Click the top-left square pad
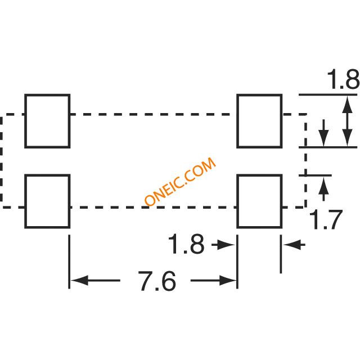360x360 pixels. [47, 121]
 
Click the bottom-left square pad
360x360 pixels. [47, 201]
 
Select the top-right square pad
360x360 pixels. [259, 121]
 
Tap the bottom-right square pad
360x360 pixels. [259, 201]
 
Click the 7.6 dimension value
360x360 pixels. [157, 281]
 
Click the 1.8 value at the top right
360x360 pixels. [342, 80]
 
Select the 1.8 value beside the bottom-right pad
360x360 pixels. [186, 245]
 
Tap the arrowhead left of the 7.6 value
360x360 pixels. [79, 280]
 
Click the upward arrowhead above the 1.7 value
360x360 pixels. [323, 186]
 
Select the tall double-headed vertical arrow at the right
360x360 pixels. [348, 121]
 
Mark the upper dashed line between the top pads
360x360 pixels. [153, 115]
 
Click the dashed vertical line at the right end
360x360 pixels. [305, 161]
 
